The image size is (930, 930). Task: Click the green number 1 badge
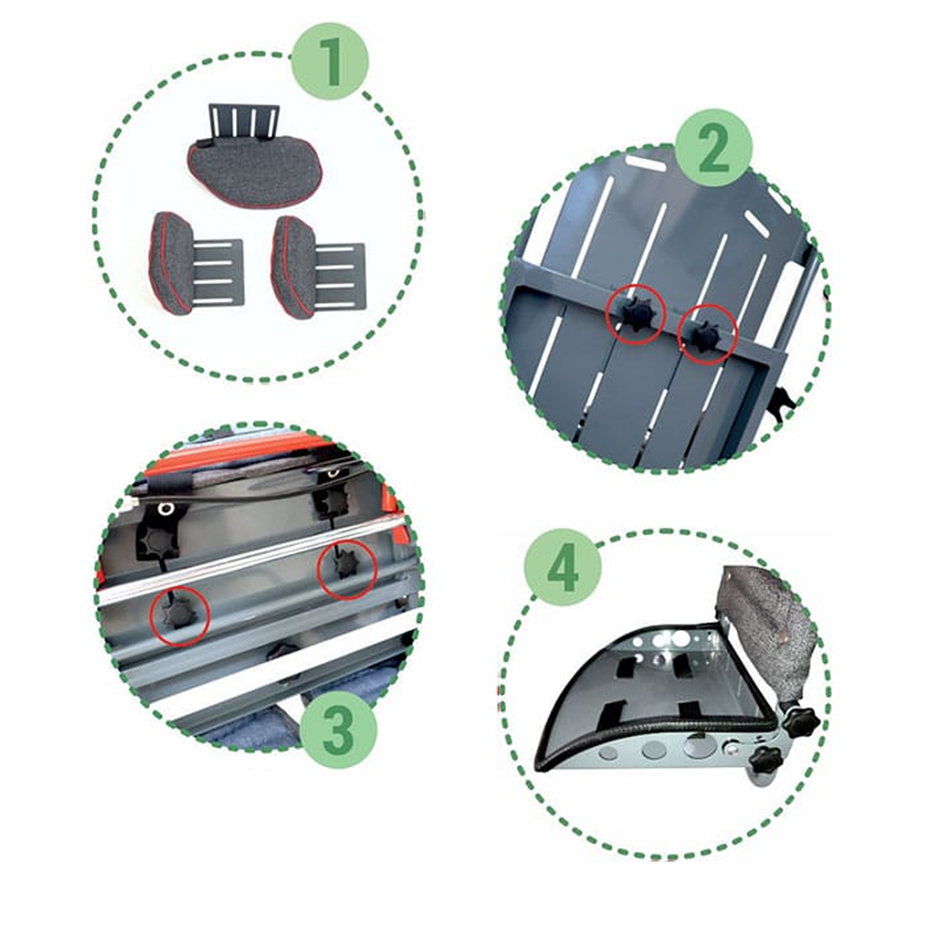tap(331, 63)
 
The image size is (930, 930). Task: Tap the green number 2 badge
tap(713, 147)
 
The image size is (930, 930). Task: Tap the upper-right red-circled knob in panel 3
tap(346, 566)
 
